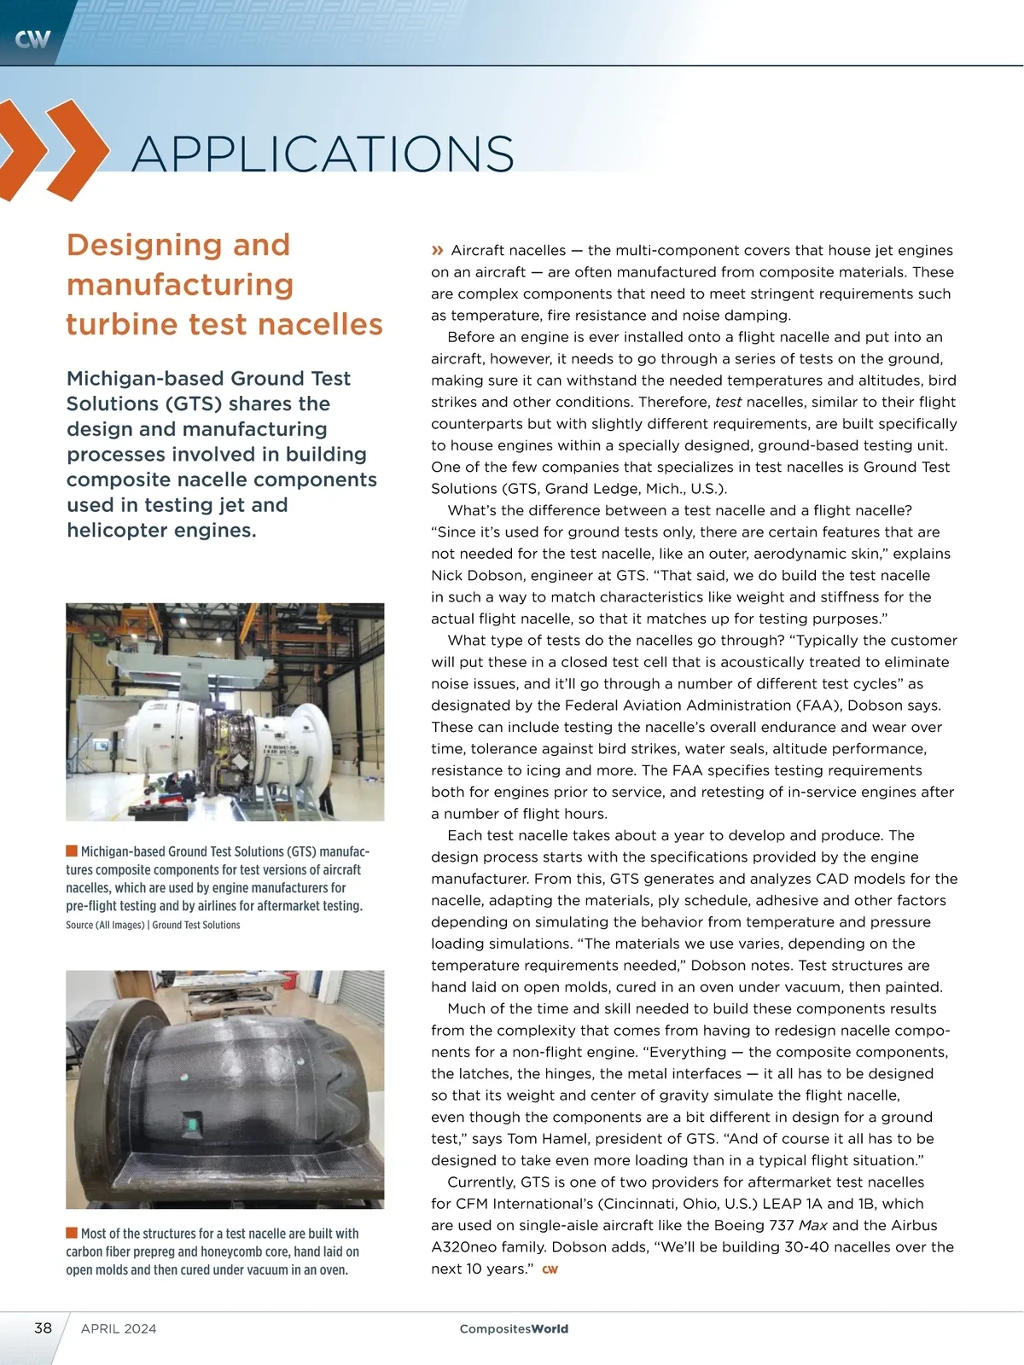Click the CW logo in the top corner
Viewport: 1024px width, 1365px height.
click(x=32, y=38)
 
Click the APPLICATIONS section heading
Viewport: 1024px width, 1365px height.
click(x=323, y=154)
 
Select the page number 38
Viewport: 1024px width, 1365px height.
click(x=43, y=1327)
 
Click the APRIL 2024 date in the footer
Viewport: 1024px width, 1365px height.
click(x=119, y=1328)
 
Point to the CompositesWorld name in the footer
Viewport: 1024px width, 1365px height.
click(x=514, y=1328)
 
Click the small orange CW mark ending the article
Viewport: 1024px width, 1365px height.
click(x=550, y=1269)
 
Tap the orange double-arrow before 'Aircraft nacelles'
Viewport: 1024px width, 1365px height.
click(x=438, y=250)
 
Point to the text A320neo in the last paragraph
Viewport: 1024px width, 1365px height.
click(x=462, y=1247)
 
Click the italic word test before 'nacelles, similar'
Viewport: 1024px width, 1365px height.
click(x=728, y=402)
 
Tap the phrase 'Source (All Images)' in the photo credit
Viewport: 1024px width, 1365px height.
click(x=105, y=925)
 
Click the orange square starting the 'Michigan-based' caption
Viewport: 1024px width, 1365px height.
click(x=72, y=851)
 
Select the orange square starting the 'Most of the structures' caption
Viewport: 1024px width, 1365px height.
click(x=72, y=1233)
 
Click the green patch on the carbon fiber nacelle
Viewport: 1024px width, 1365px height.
click(x=193, y=1125)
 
